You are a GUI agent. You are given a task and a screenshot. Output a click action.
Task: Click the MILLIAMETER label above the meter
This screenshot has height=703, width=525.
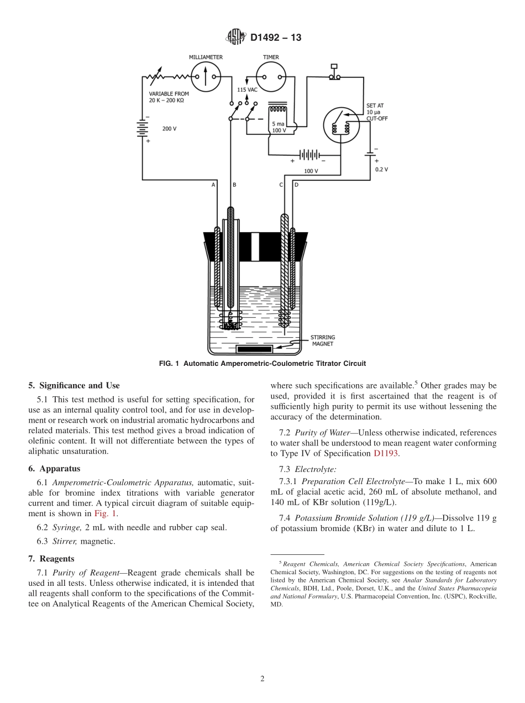pos(206,57)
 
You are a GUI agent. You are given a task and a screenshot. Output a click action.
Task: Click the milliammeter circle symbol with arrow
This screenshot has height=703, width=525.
pos(206,76)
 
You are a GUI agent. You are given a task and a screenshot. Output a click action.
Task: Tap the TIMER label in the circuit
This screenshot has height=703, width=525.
pos(271,57)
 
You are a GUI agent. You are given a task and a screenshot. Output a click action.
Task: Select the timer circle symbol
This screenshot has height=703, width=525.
pos(271,76)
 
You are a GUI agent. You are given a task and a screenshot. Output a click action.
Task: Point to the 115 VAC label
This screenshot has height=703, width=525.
pos(247,90)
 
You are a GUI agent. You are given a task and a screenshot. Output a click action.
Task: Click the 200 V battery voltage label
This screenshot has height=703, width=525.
pos(169,128)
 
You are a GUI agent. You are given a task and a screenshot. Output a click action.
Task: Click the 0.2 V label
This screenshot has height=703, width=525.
pos(381,170)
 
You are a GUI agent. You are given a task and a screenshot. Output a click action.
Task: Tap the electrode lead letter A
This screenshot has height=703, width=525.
pos(213,185)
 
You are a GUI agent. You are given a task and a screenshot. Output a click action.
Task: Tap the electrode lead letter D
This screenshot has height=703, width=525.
pos(296,185)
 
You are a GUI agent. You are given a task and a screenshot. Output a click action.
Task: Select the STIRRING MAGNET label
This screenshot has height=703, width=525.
pos(322,340)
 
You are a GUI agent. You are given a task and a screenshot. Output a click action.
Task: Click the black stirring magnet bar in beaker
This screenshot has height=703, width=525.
pos(254,349)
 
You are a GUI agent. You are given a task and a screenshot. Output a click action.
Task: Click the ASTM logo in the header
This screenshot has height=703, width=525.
pos(236,38)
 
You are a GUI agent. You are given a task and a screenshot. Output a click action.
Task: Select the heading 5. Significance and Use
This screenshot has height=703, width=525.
pos(74,386)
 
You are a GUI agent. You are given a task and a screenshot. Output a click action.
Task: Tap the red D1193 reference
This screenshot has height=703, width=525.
pos(386,453)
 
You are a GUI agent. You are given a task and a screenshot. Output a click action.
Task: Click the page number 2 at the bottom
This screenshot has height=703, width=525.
pos(262,679)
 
